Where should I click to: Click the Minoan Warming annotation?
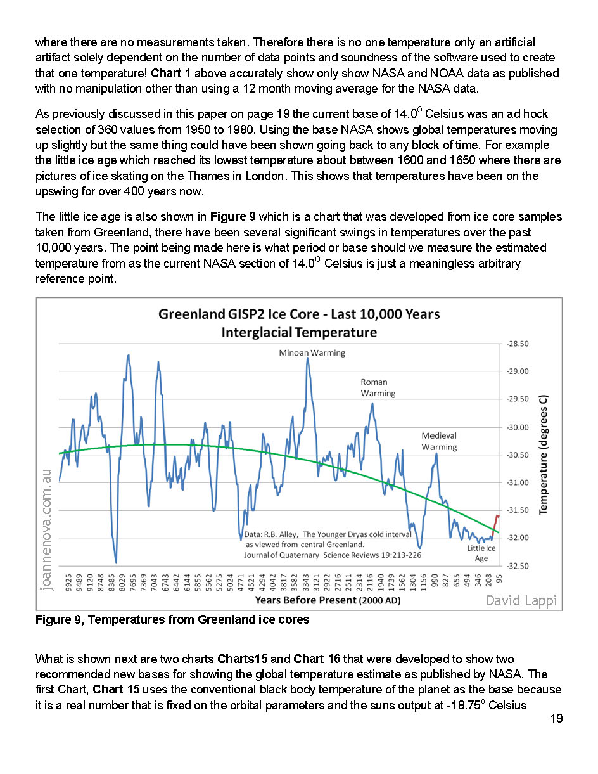[x=312, y=352]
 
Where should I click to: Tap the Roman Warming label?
[x=378, y=387]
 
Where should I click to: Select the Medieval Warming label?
[x=439, y=441]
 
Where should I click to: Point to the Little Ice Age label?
[x=481, y=553]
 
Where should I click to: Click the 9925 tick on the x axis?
[x=68, y=583]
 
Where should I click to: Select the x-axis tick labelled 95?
[x=499, y=579]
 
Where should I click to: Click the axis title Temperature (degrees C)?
[x=544, y=454]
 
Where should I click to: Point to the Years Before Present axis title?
[x=328, y=600]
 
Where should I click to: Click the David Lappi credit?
[x=521, y=600]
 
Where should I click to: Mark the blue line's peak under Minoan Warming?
[x=308, y=358]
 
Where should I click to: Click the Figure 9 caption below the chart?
[x=172, y=619]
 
